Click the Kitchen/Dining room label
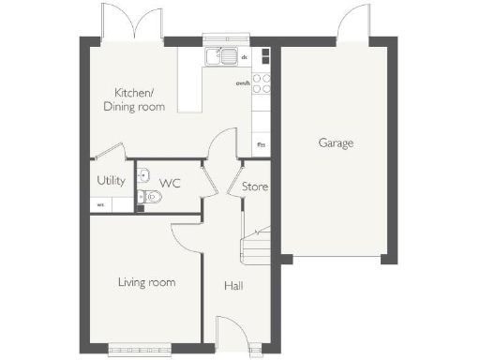(x=140, y=99)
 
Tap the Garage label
(x=336, y=143)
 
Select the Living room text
(x=146, y=282)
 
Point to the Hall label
(x=232, y=285)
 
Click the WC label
(x=170, y=183)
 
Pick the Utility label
(x=111, y=180)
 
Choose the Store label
(x=255, y=187)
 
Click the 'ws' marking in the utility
(x=100, y=204)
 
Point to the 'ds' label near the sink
(x=245, y=57)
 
